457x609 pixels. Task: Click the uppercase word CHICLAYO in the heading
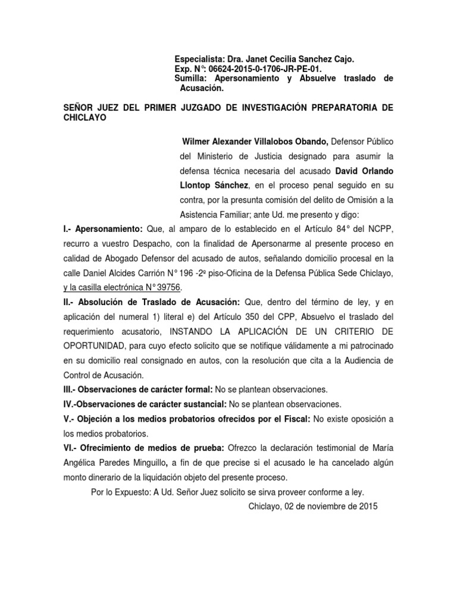point(87,117)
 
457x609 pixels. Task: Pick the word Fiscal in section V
point(294,419)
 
